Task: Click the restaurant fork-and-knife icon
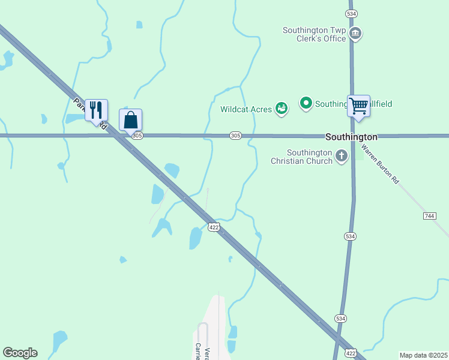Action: click(96, 110)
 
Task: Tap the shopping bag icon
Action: click(131, 120)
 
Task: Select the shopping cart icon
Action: click(358, 106)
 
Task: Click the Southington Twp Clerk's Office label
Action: click(315, 34)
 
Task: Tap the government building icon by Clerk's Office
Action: click(355, 33)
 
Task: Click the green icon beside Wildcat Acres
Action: click(281, 109)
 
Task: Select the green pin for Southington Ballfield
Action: click(306, 104)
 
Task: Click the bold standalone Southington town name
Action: click(351, 137)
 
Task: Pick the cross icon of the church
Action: click(341, 157)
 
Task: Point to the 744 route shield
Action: click(429, 215)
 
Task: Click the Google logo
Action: click(20, 353)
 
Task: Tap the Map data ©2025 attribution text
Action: click(423, 355)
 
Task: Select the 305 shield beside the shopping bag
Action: click(137, 136)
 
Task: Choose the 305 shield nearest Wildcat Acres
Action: click(235, 136)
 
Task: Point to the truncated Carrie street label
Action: click(197, 350)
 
